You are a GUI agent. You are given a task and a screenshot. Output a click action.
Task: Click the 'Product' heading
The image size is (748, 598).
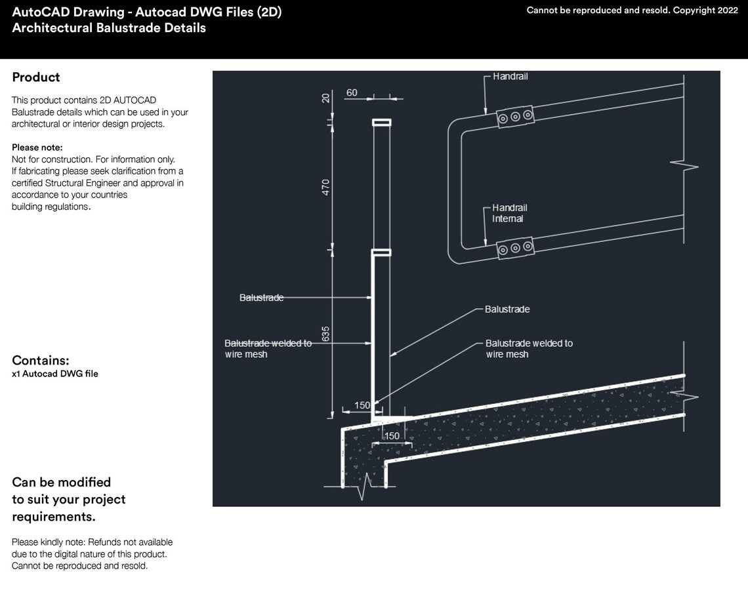click(36, 77)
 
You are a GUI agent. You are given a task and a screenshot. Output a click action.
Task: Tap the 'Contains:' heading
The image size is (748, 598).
click(41, 361)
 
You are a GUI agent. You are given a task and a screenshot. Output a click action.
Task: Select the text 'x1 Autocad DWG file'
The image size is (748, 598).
click(55, 374)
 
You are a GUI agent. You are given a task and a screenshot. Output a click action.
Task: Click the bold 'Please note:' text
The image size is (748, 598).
click(37, 148)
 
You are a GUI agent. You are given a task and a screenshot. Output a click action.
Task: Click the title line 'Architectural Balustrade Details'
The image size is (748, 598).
click(109, 28)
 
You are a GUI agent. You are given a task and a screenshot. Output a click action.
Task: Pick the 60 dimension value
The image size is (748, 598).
click(352, 93)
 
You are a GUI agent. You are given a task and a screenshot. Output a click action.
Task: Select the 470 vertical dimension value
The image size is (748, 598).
click(326, 186)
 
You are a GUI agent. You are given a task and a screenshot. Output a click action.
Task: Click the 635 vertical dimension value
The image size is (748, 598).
click(326, 333)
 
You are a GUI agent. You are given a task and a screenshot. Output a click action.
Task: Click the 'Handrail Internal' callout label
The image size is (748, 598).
click(510, 213)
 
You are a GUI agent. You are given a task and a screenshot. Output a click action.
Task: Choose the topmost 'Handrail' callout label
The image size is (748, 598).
click(510, 77)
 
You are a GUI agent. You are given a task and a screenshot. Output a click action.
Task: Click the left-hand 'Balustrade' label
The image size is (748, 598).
click(261, 298)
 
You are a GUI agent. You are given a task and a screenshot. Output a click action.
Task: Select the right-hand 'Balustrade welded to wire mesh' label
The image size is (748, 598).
click(529, 348)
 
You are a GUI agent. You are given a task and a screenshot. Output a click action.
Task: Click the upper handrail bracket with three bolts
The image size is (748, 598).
click(515, 117)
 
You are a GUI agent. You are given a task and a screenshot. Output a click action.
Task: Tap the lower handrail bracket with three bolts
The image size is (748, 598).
click(515, 248)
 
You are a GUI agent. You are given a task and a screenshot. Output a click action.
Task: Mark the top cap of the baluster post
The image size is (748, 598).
click(381, 122)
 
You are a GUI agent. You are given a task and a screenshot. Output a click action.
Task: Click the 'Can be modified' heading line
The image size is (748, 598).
click(62, 483)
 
